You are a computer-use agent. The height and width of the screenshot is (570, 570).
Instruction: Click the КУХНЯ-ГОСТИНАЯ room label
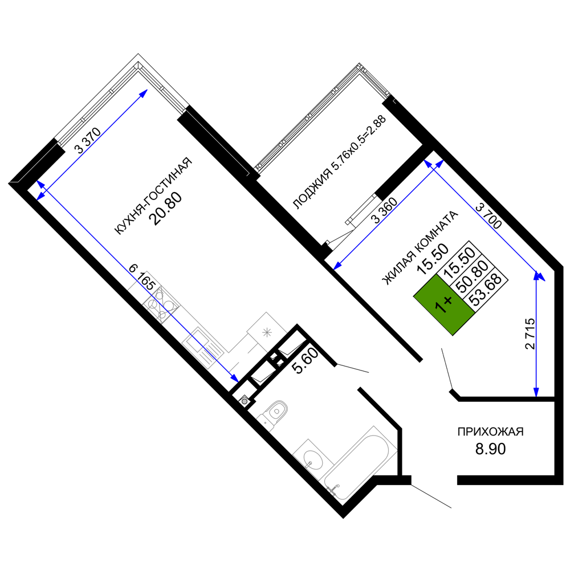tap(153, 196)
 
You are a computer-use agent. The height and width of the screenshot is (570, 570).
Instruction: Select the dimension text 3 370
tap(87, 140)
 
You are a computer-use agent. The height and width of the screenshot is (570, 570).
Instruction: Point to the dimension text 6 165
tap(142, 277)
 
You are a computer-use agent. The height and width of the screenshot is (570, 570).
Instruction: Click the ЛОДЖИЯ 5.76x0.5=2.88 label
tap(339, 162)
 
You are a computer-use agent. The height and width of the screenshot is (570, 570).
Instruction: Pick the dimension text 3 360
tap(384, 210)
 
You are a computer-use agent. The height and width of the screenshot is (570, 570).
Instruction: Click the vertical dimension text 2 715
tap(530, 333)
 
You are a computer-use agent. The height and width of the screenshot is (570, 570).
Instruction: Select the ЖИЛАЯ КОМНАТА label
tap(420, 247)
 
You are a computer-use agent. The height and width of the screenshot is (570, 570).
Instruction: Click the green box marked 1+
tap(444, 304)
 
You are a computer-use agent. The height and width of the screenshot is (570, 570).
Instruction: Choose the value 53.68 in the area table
tap(486, 290)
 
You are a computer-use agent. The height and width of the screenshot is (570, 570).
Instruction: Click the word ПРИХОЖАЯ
tap(490, 431)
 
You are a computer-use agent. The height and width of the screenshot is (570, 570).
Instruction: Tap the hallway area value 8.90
tap(490, 449)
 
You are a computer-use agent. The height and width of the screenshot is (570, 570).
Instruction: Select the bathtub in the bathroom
tap(360, 464)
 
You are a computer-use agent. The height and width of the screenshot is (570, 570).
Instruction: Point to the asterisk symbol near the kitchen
tap(267, 332)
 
